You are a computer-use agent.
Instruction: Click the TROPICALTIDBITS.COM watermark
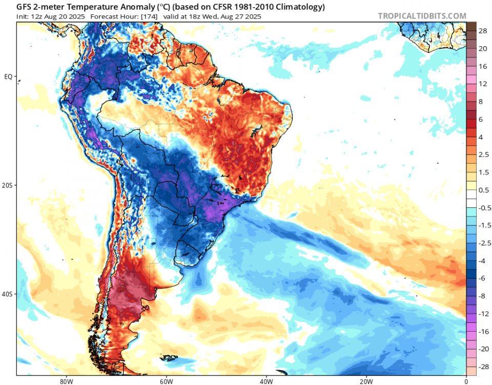tap(422, 16)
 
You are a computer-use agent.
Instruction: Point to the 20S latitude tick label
tap(8, 185)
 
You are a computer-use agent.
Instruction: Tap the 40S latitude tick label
tap(8, 294)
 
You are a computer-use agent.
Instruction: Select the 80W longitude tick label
tap(65, 381)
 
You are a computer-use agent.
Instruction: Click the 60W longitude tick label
tap(165, 381)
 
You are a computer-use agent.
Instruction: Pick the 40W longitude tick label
tap(265, 381)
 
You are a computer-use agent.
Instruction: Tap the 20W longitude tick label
tap(365, 381)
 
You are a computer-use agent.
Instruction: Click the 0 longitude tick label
tap(466, 381)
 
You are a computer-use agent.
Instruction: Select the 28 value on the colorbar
tap(483, 31)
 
